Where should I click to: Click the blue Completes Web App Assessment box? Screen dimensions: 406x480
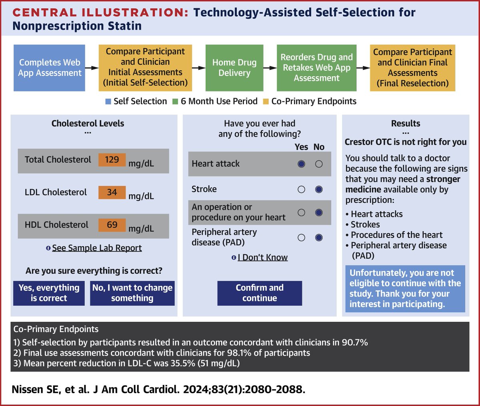(50, 68)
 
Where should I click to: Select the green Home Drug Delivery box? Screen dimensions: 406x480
(234, 68)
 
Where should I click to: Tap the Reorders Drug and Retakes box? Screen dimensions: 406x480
(316, 68)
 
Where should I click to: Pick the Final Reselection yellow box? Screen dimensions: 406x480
(412, 68)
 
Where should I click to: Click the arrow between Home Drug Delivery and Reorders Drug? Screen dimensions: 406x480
(270, 68)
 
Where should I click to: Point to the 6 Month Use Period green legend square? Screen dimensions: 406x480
(175, 102)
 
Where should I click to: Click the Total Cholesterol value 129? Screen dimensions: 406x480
(112, 159)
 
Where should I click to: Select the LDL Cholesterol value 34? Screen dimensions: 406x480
(112, 192)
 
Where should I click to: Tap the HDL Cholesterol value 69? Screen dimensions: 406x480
(112, 225)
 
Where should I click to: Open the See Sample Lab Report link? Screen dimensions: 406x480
(96, 248)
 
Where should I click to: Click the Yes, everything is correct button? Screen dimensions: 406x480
(49, 293)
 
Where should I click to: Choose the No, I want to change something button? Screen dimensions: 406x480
(132, 293)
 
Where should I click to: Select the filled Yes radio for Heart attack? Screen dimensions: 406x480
(302, 164)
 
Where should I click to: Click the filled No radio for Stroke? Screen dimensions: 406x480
(319, 190)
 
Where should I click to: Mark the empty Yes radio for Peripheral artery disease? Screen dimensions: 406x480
(302, 238)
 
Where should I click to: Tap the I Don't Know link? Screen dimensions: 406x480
(262, 257)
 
